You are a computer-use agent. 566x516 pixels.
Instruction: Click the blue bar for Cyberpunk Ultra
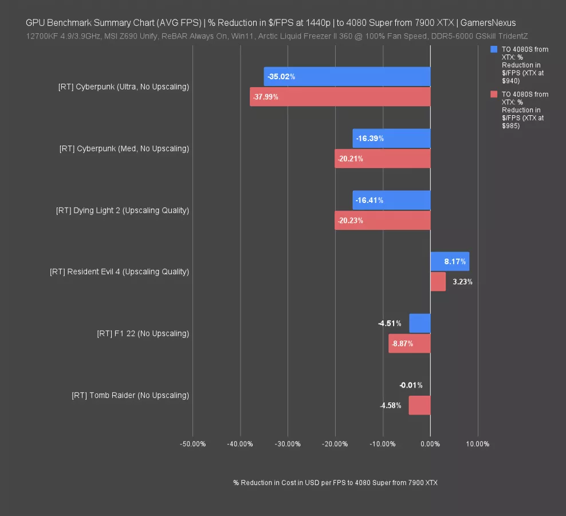(347, 76)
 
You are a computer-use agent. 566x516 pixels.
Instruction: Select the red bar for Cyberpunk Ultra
(340, 97)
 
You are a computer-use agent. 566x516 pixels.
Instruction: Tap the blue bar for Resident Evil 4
(450, 261)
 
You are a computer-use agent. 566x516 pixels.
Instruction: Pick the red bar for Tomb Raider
(419, 405)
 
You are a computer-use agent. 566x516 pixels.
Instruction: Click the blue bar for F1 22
(419, 323)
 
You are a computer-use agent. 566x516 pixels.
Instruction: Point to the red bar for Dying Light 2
(382, 221)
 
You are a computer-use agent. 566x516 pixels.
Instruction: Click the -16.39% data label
(370, 138)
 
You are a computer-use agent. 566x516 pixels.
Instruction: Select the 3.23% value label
(462, 282)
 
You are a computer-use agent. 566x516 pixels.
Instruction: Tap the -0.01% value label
(411, 385)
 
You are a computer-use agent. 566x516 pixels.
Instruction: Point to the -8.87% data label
(400, 344)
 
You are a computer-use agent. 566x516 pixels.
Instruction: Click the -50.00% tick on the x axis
(192, 444)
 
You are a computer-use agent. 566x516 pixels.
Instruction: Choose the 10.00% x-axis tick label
(477, 444)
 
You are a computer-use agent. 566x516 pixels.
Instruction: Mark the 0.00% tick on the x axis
(430, 444)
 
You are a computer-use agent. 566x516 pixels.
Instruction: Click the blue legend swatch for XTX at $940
(494, 49)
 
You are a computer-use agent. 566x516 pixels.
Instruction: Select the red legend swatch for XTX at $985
(494, 94)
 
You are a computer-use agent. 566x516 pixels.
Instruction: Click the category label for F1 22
(143, 334)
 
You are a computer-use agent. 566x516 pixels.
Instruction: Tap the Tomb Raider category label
(130, 396)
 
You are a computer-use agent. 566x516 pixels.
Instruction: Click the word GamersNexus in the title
(488, 23)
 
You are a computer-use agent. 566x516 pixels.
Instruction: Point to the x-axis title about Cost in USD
(335, 483)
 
